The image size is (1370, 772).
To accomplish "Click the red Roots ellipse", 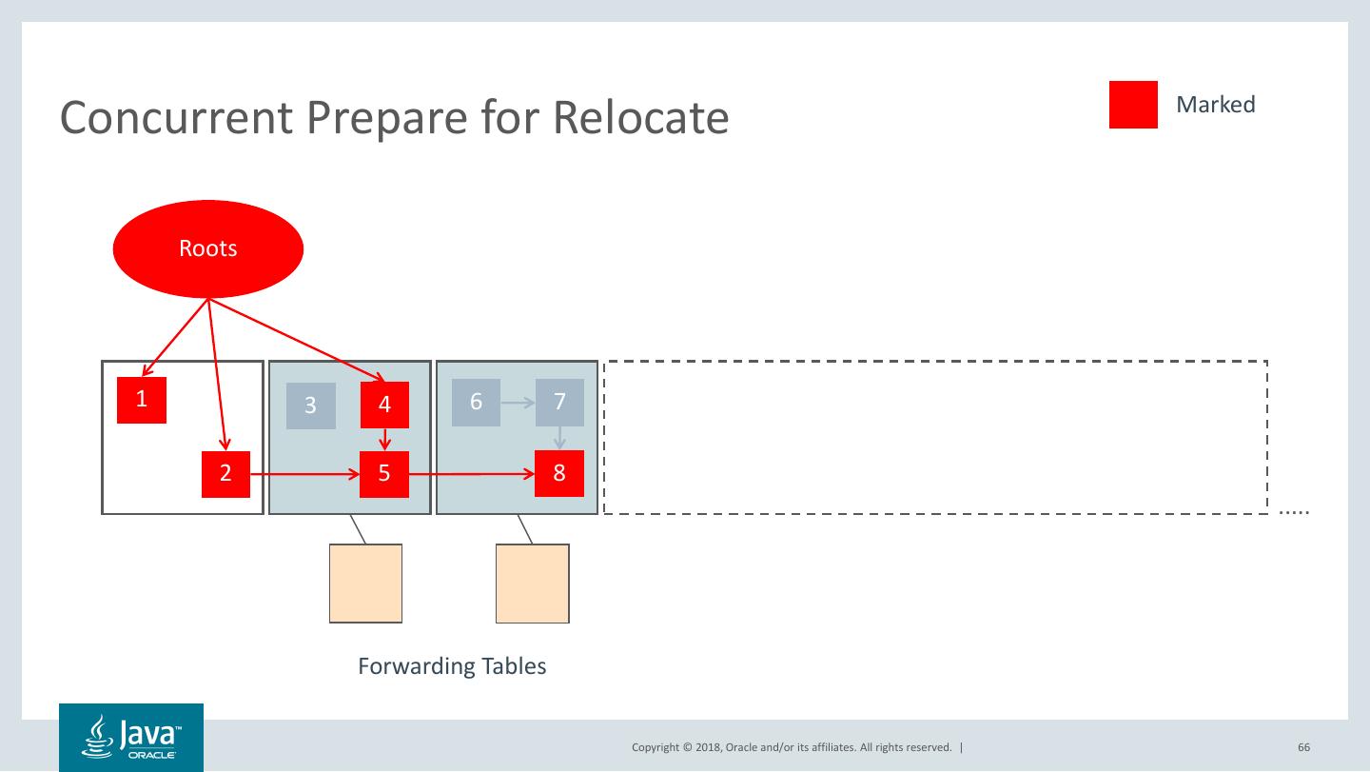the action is click(x=208, y=248).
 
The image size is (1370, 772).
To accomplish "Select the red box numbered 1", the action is click(x=142, y=400).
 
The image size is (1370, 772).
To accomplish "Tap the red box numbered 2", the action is click(x=225, y=473).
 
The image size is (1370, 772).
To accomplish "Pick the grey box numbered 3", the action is click(x=311, y=406).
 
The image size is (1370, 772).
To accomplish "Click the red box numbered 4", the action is click(x=384, y=405).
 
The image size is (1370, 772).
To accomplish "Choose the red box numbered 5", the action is click(x=384, y=473).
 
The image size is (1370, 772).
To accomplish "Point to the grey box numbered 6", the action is click(x=476, y=402).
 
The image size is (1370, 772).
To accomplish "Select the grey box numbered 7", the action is click(x=559, y=402).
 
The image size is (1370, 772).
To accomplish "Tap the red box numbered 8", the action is click(x=559, y=473).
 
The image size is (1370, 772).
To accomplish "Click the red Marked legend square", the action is click(x=1133, y=105).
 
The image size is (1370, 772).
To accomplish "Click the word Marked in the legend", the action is click(x=1215, y=105).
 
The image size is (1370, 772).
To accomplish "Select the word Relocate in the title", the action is click(x=640, y=118).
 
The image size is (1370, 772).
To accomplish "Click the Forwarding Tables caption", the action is click(x=452, y=665).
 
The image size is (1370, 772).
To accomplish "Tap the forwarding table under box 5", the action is click(x=365, y=583).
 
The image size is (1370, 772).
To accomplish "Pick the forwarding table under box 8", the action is click(x=533, y=583).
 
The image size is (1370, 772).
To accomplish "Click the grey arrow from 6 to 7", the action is click(x=518, y=403).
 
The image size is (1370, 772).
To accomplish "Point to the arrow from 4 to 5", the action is click(x=384, y=439).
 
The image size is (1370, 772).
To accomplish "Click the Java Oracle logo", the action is click(x=131, y=737).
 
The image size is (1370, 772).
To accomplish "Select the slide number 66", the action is click(x=1303, y=747).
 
